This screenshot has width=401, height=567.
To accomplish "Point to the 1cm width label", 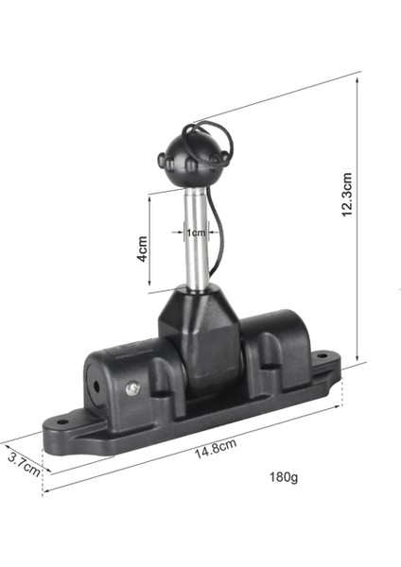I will tap(195, 232).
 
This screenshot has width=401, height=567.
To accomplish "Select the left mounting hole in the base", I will tap(63, 422).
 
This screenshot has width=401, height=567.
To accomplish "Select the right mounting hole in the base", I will tap(322, 358).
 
